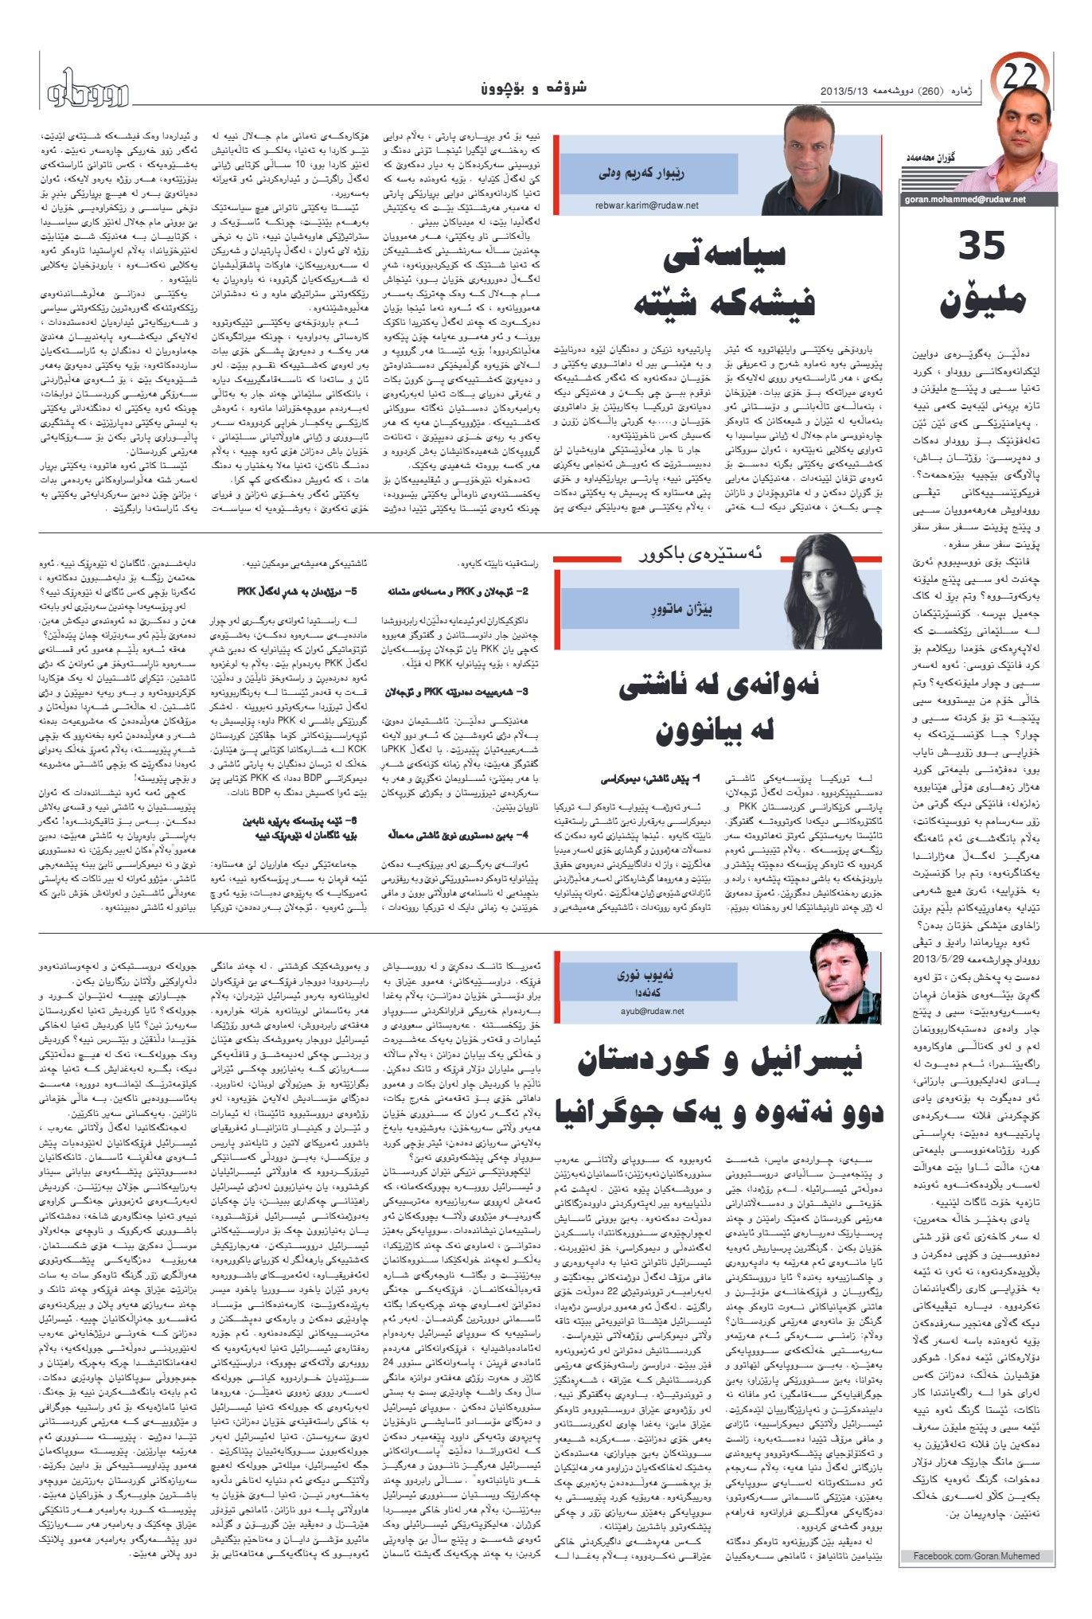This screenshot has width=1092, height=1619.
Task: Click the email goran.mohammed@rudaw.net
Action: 965,199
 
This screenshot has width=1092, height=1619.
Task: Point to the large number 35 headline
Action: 981,246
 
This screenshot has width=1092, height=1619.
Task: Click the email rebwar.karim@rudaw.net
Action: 646,205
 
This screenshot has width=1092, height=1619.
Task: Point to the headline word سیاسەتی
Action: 724,255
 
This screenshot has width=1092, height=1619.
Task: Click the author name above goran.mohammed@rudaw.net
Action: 929,158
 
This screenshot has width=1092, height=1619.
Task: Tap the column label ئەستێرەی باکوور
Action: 700,553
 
